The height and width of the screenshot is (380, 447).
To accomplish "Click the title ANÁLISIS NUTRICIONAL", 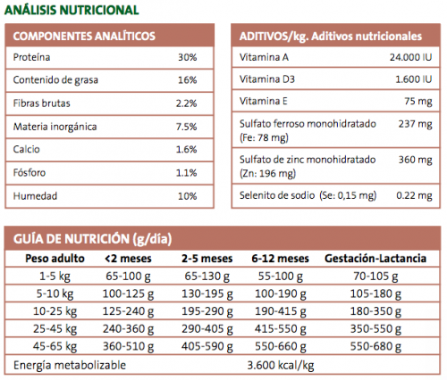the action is (x=72, y=10).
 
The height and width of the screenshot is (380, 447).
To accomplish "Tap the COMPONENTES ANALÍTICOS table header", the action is (x=84, y=36).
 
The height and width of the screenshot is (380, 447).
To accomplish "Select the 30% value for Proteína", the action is (x=188, y=57).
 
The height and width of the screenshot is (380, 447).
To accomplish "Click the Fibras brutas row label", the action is (x=42, y=103).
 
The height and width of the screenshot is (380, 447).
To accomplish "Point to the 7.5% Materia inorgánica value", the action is (x=186, y=127).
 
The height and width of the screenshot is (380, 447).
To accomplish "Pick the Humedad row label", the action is (x=35, y=196).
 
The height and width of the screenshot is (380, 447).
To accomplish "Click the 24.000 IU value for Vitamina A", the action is (x=410, y=57).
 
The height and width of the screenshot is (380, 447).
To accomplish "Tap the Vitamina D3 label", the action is (x=267, y=79).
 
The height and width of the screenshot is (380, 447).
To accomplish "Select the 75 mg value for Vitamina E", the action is (x=418, y=102).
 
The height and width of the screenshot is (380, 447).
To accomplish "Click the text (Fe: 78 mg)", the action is (x=264, y=137).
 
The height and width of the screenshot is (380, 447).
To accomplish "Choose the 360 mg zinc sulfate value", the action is (x=416, y=160).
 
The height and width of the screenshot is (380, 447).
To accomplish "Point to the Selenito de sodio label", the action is (x=277, y=195).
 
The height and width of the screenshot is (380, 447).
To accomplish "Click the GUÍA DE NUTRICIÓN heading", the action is (x=92, y=239).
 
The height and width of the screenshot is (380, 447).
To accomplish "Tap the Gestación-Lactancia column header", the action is (x=375, y=259).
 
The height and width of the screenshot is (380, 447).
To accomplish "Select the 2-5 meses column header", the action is (x=207, y=259).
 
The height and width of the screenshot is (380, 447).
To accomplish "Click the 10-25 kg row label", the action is (x=55, y=311).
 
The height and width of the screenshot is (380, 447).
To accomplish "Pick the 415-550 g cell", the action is (x=281, y=329).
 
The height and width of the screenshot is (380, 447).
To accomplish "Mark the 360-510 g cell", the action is (x=128, y=346).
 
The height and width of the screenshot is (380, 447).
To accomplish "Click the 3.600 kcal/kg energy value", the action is (x=281, y=365).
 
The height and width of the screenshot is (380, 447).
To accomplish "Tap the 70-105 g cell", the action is (x=375, y=277).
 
